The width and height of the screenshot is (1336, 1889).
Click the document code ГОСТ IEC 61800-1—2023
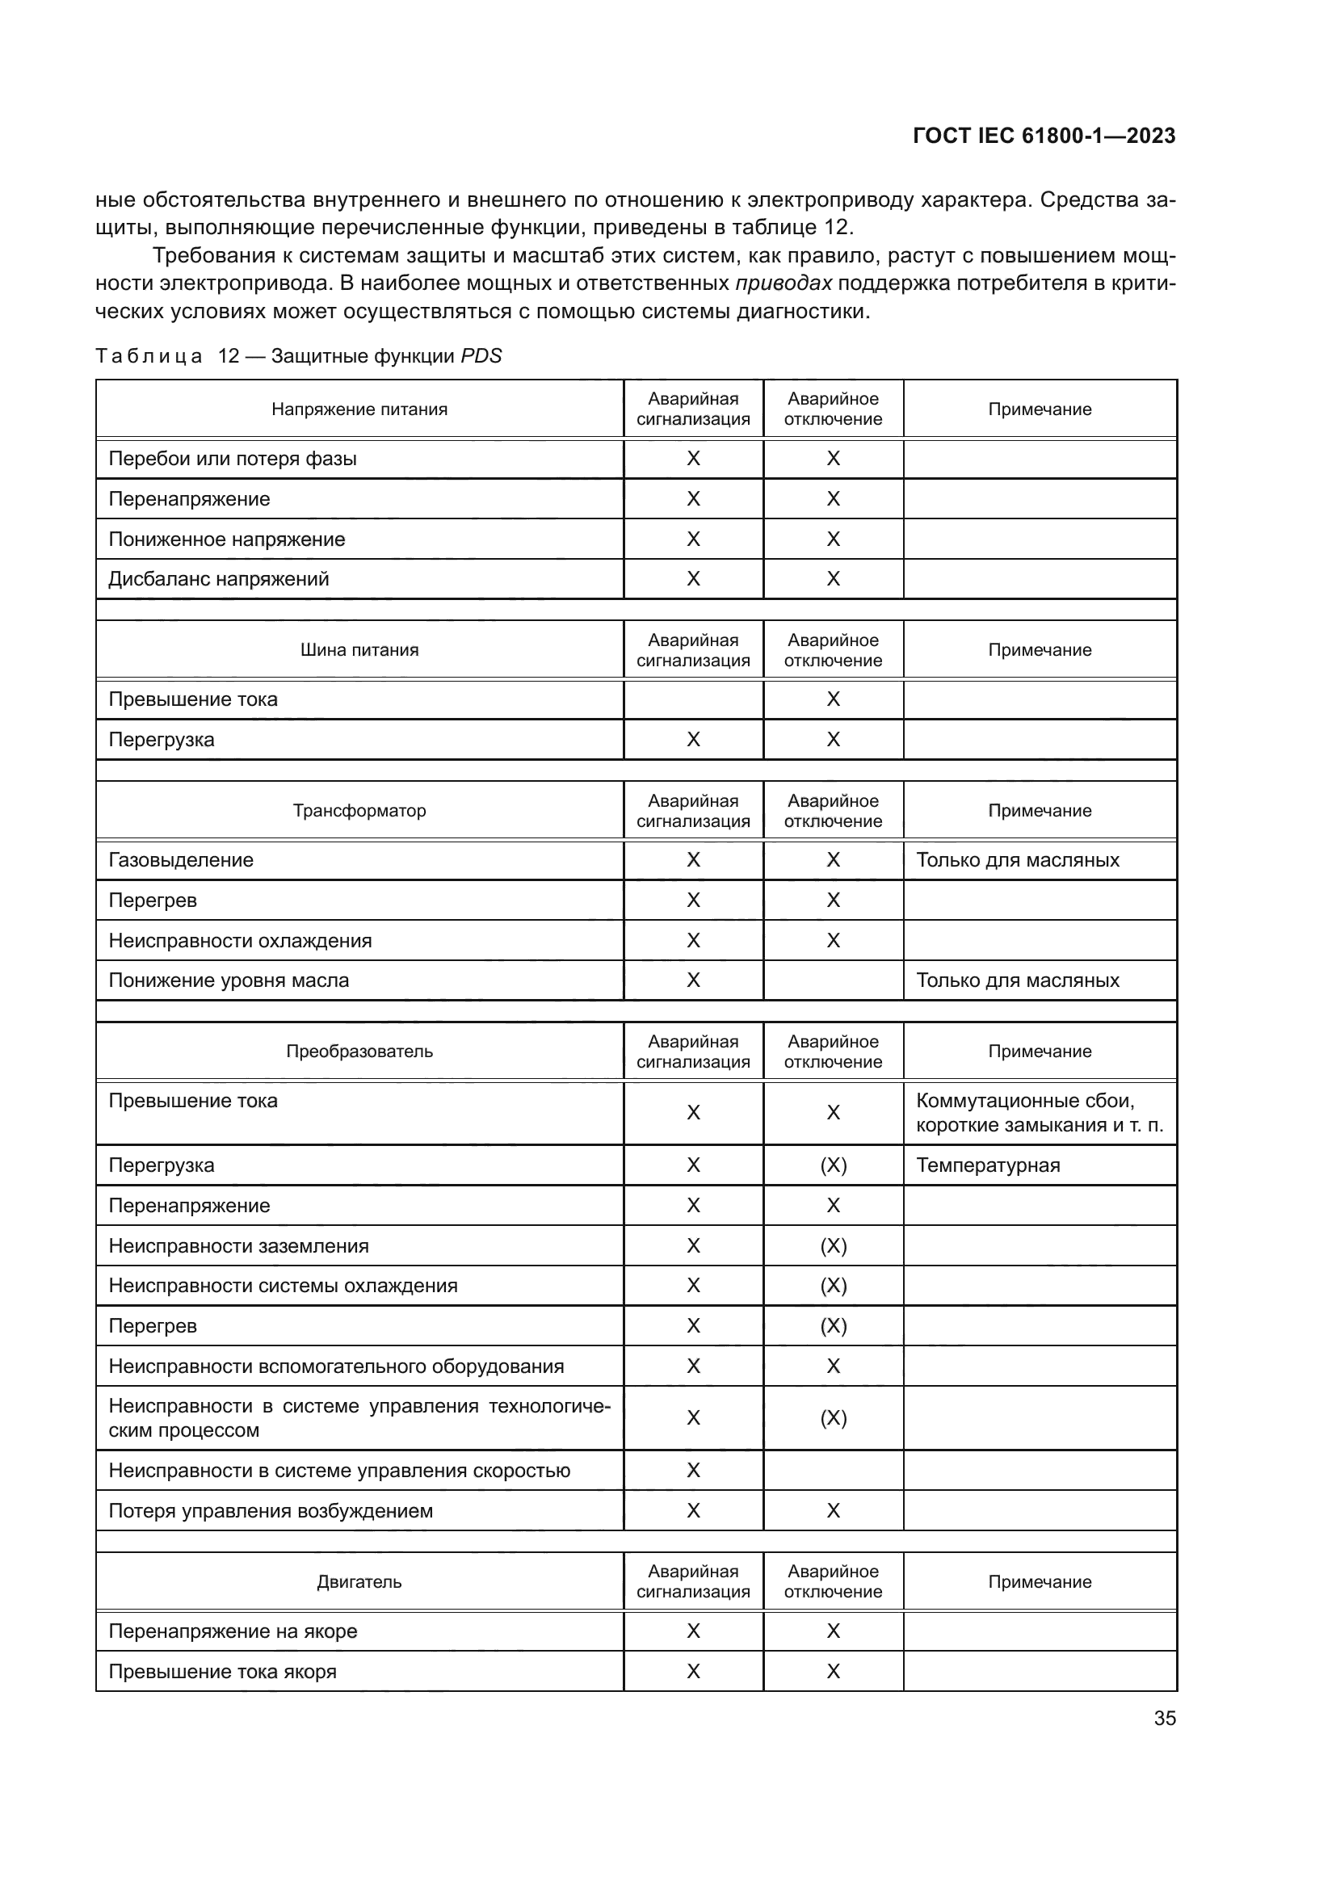coord(1043,136)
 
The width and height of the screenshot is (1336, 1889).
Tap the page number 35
coord(1164,1719)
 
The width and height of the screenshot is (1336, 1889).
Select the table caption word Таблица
coord(149,356)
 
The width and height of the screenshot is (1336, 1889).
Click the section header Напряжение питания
coord(359,409)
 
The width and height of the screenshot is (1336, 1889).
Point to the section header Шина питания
coord(359,650)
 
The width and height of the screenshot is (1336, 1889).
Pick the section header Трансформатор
coord(359,810)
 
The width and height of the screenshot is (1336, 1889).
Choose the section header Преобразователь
coord(359,1052)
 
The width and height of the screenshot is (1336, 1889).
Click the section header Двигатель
coord(359,1581)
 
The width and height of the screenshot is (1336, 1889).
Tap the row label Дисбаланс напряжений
coord(219,579)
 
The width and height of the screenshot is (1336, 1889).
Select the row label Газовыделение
coord(181,860)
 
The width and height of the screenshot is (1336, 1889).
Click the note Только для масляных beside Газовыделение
coord(1018,860)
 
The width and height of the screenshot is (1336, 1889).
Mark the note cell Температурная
coord(988,1165)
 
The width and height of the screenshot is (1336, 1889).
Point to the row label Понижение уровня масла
coord(229,980)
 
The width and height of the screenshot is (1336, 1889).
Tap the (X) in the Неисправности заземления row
coord(834,1245)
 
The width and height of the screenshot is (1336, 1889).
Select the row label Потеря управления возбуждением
coord(271,1510)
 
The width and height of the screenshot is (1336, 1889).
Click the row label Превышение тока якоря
coord(223,1672)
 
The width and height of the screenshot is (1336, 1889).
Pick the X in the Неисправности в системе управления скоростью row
coord(694,1470)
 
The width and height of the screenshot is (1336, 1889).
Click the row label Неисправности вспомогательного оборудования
coord(337,1366)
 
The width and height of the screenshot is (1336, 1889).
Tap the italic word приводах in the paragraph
coord(784,283)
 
